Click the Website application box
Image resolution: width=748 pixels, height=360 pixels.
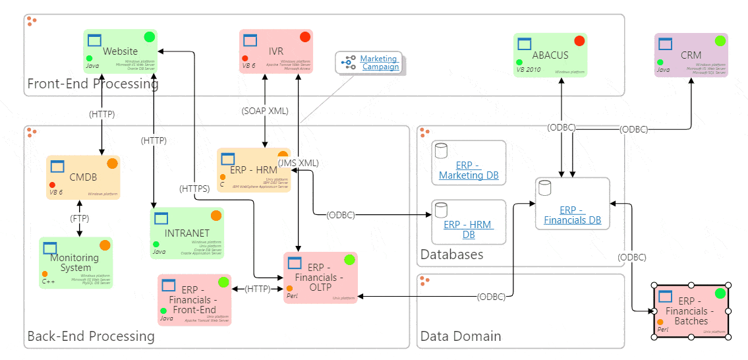[x=121, y=51]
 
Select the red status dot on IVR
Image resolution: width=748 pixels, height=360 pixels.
[x=305, y=37]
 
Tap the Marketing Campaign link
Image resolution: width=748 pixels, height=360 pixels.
[x=380, y=63]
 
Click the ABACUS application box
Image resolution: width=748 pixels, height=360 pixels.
[x=550, y=55]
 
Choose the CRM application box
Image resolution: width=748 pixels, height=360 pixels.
[x=691, y=55]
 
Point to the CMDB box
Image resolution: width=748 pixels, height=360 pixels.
[x=83, y=177]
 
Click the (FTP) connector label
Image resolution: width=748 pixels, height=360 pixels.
[x=80, y=218]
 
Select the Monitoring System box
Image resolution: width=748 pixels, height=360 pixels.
[x=75, y=262]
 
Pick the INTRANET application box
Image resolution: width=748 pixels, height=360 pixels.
[x=187, y=233]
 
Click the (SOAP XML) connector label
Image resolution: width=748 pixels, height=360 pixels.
[x=265, y=111]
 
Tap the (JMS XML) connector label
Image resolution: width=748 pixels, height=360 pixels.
[x=298, y=163]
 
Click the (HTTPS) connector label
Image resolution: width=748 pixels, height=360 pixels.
[x=194, y=189]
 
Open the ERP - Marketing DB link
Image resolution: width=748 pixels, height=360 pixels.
[x=469, y=170]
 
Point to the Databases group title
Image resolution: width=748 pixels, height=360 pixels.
[x=452, y=255]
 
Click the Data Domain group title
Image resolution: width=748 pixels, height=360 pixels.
[x=461, y=336]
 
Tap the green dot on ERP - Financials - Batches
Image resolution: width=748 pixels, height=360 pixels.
[x=720, y=293]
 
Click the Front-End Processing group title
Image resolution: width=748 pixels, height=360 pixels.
[x=93, y=84]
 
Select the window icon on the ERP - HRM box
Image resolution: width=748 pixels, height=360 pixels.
[x=228, y=159]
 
